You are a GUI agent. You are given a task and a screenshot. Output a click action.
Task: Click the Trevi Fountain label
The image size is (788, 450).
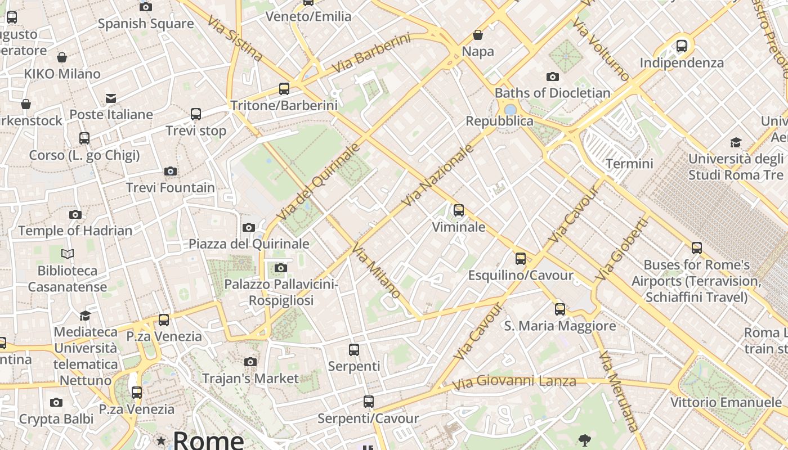(x=170, y=187)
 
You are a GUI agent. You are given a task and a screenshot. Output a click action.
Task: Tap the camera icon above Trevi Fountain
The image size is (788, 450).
(x=171, y=171)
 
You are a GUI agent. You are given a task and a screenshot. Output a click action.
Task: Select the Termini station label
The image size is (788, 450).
(x=629, y=164)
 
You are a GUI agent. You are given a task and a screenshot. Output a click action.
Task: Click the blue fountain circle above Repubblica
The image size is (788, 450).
(x=511, y=109)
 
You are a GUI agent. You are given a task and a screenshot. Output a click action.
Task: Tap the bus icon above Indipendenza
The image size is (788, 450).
(x=682, y=46)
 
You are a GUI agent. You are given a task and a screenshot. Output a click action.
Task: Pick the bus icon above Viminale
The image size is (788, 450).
(x=459, y=210)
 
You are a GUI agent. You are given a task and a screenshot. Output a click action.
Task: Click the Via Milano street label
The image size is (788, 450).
(x=377, y=271)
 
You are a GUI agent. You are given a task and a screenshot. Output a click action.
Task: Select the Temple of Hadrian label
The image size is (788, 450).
(x=75, y=231)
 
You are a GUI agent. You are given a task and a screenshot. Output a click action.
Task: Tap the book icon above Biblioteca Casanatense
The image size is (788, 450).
(x=68, y=254)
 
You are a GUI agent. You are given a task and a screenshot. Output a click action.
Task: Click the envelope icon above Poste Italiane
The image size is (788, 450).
(x=111, y=99)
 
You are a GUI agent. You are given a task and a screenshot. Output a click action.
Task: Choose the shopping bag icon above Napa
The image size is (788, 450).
(x=478, y=35)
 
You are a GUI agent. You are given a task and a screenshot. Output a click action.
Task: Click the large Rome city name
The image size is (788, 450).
(x=208, y=439)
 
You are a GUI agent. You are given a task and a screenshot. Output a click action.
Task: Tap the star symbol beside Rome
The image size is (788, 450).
(x=162, y=440)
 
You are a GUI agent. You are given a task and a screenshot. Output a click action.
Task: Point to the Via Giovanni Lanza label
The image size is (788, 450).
(x=514, y=382)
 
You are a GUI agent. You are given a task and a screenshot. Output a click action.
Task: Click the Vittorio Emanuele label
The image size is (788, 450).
(x=726, y=402)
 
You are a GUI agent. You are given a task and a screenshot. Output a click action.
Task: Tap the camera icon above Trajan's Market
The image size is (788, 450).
(x=250, y=362)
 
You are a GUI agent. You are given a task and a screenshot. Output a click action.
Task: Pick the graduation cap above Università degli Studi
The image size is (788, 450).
(x=736, y=142)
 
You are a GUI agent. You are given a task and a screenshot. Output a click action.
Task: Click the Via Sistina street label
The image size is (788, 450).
(x=234, y=38)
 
